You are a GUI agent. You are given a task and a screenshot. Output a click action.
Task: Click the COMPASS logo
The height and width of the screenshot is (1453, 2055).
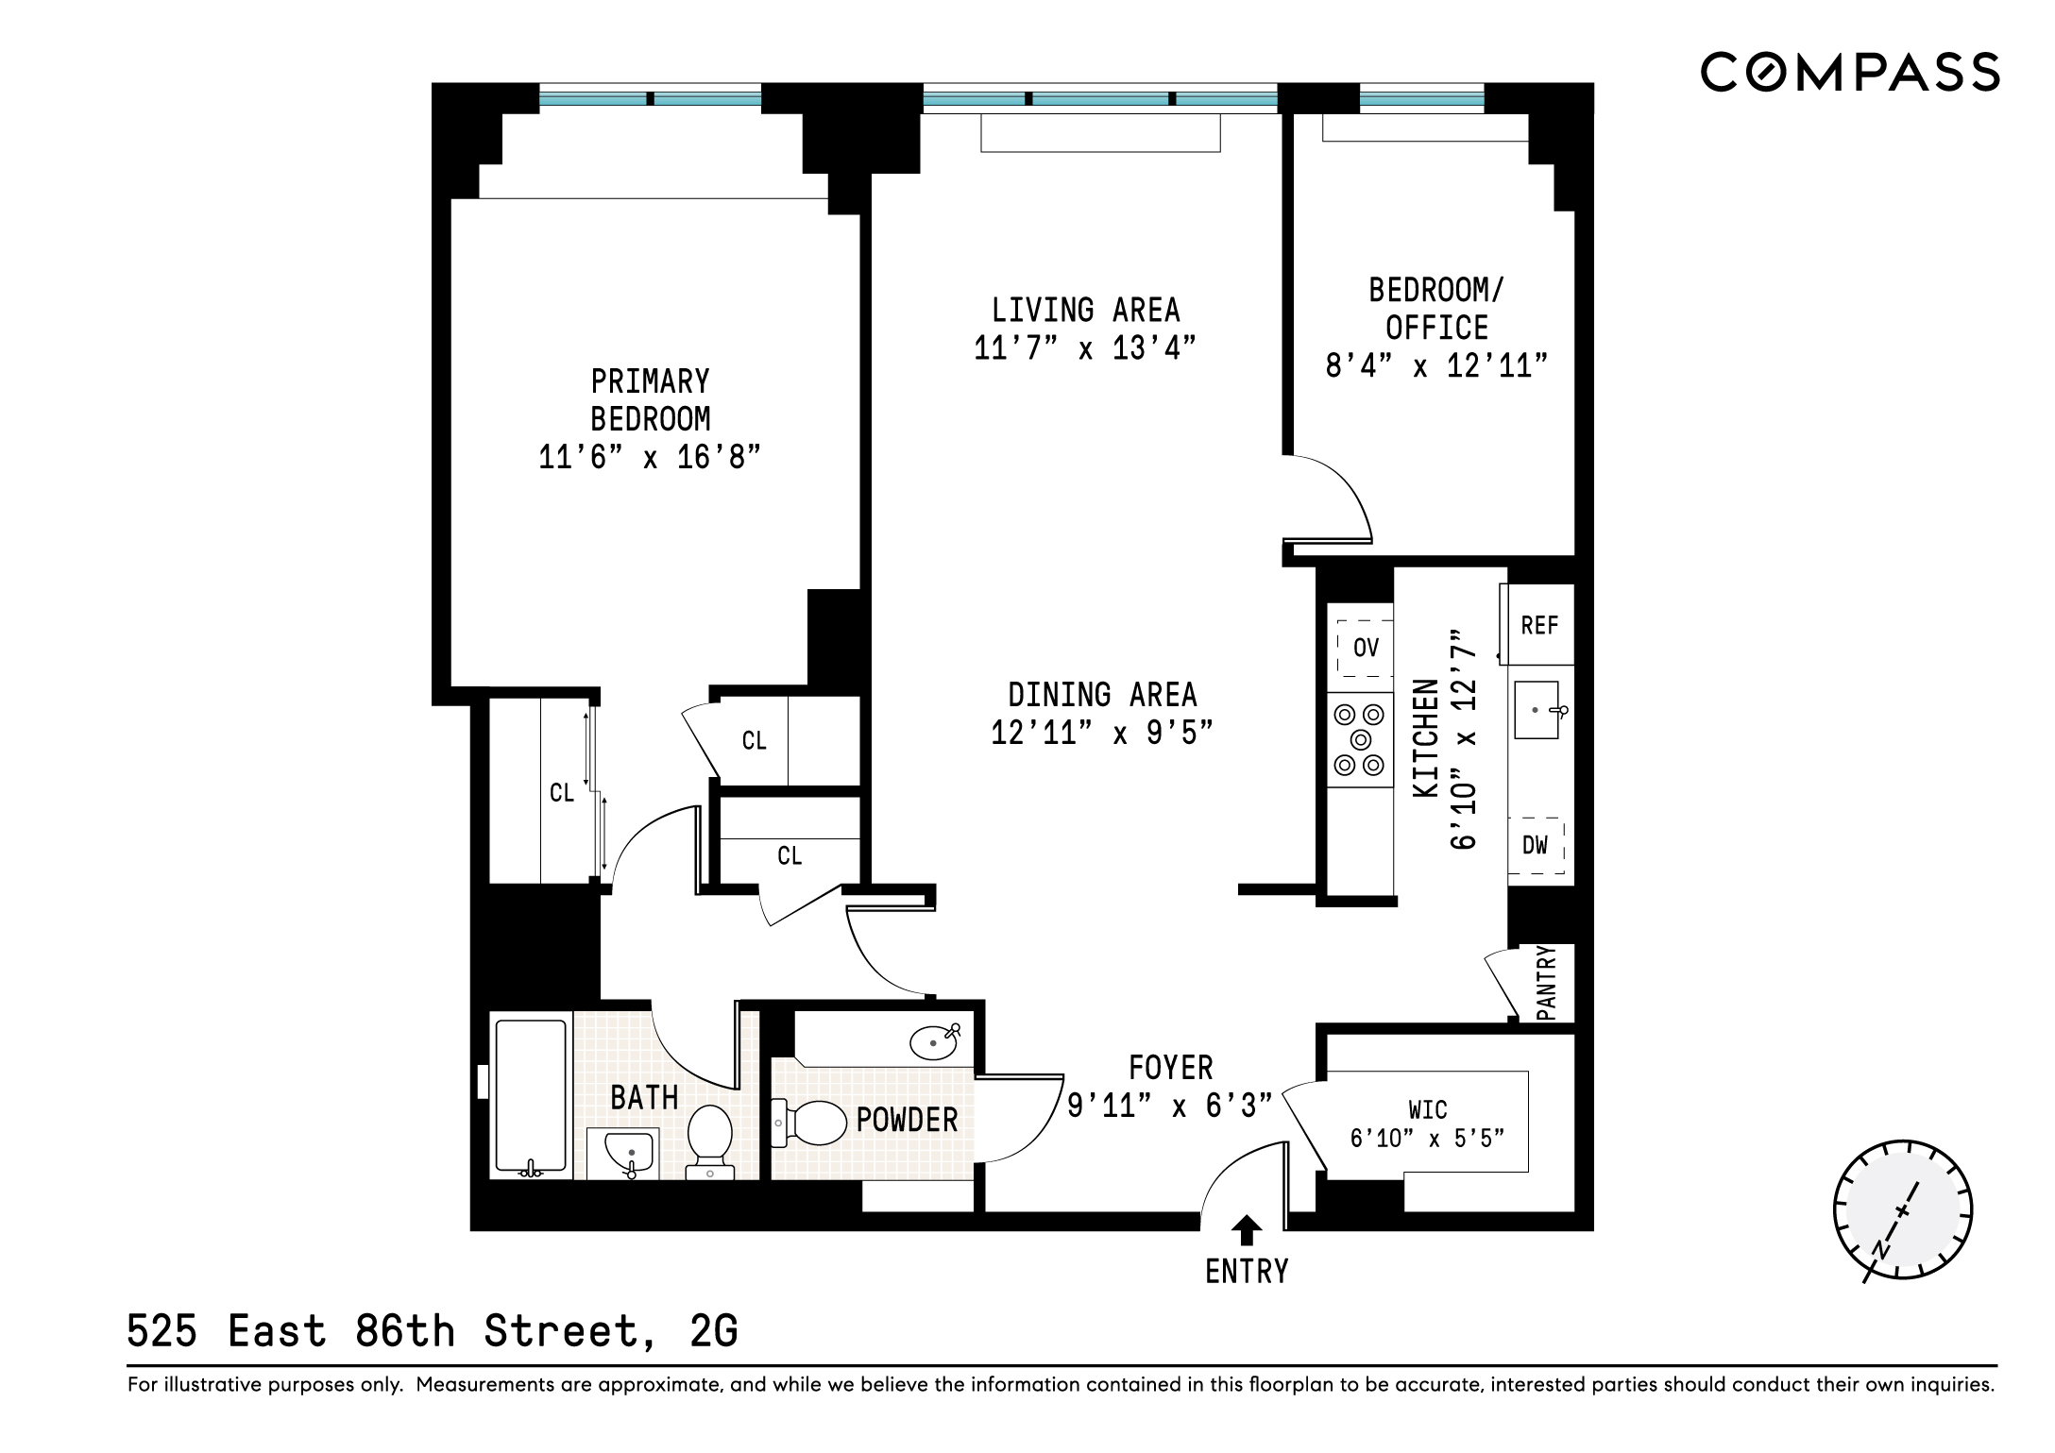(1849, 73)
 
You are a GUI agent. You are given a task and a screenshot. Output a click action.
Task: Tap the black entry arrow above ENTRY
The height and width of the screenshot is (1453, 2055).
(1247, 1230)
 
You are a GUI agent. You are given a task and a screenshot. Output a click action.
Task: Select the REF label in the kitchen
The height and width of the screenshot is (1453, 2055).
(1539, 626)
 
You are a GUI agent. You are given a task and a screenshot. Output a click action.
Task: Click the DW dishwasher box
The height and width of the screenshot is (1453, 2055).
(1536, 845)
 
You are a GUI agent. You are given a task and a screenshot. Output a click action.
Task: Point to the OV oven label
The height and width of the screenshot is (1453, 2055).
(1366, 648)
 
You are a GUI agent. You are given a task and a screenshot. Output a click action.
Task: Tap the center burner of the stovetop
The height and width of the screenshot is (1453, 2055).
(1361, 740)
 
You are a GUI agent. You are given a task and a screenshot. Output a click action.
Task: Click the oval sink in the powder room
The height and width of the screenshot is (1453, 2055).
(934, 1043)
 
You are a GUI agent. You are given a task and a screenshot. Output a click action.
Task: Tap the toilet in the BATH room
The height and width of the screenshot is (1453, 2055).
(710, 1139)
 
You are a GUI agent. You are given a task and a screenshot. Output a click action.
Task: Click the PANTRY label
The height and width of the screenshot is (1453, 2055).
(1546, 983)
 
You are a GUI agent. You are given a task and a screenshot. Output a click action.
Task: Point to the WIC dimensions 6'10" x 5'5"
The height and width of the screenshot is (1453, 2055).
(1426, 1139)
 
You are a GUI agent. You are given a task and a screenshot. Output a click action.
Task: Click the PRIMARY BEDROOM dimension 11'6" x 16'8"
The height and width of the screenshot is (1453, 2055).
(649, 458)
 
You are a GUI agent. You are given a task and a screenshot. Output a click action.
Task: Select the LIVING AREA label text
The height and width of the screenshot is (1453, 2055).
(1085, 311)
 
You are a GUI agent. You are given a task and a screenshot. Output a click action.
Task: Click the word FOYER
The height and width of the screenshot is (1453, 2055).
(1170, 1068)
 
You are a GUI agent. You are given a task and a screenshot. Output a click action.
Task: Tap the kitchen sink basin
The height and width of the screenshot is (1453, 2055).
(1537, 710)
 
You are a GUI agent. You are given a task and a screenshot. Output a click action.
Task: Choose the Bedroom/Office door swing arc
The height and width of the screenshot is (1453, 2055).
(1341, 491)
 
